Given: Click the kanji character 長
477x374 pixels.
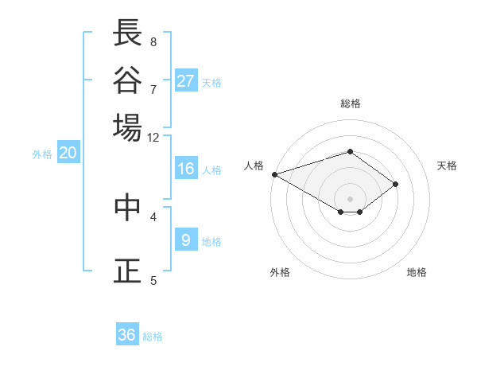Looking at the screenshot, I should pyautogui.click(x=127, y=33).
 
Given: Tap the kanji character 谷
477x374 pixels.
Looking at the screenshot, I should pyautogui.click(x=127, y=80).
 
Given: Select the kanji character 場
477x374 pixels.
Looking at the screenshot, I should pyautogui.click(x=127, y=127).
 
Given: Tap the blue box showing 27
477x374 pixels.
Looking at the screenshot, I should pyautogui.click(x=186, y=81).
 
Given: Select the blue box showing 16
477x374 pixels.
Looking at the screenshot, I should pyautogui.click(x=186, y=169).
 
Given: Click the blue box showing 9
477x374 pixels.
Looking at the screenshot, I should pyautogui.click(x=186, y=240).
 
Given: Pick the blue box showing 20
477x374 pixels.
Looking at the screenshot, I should pyautogui.click(x=68, y=154).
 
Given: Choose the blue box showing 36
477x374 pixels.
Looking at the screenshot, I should pyautogui.click(x=127, y=335).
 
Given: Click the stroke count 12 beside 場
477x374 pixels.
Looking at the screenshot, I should pyautogui.click(x=153, y=137).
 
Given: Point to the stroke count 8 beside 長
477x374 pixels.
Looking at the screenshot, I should pyautogui.click(x=153, y=41).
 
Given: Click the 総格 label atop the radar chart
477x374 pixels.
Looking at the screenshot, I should pyautogui.click(x=350, y=103).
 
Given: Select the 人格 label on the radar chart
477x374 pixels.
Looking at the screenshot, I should pyautogui.click(x=254, y=166).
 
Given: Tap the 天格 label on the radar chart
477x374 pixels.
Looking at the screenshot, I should pyautogui.click(x=448, y=166).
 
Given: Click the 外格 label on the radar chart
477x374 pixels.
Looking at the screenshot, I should pyautogui.click(x=280, y=272).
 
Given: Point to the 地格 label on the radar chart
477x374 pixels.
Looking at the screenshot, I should pyautogui.click(x=417, y=272).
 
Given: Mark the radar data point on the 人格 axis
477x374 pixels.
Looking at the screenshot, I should pyautogui.click(x=274, y=173).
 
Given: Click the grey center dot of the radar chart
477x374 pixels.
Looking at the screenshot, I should pyautogui.click(x=350, y=198).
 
